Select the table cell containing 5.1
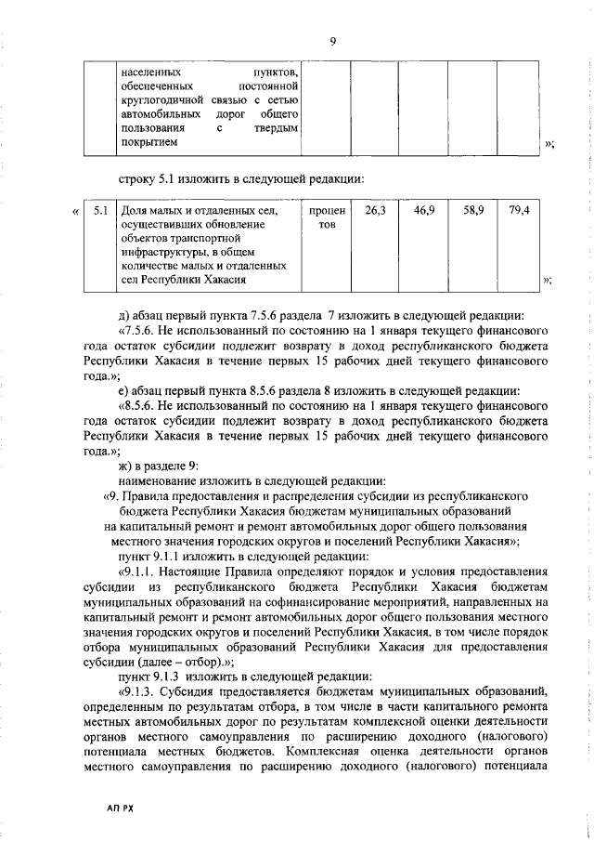[100, 211]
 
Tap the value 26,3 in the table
[375, 211]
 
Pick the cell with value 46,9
[424, 211]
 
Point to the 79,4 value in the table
[520, 211]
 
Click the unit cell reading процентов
[326, 218]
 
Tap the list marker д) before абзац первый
[127, 313]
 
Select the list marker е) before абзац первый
[127, 389]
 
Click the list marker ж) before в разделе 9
[128, 466]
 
